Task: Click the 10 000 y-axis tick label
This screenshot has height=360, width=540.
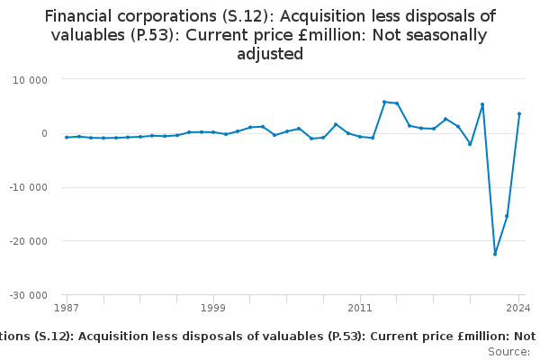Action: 41,79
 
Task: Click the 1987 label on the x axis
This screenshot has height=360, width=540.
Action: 67,308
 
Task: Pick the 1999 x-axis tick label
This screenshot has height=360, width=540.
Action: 213,308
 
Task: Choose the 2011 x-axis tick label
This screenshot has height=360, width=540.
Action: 360,308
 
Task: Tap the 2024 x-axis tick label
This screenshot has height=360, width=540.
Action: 517,308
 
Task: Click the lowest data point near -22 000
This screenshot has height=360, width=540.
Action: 494,254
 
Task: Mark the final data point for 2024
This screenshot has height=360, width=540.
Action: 519,113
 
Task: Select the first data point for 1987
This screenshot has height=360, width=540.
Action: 67,137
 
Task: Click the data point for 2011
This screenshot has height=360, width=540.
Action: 360,137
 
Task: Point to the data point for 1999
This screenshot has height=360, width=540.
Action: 213,132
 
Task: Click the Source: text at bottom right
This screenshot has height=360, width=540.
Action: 508,351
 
